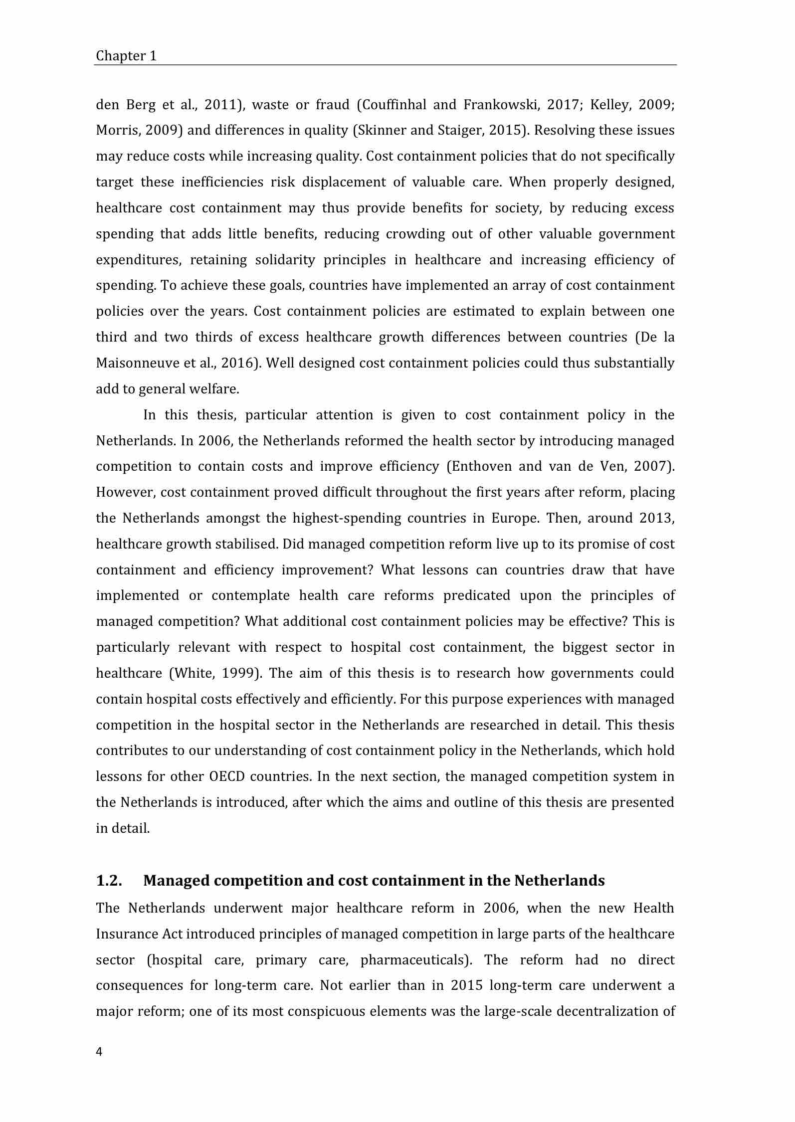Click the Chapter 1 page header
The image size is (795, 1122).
(126, 56)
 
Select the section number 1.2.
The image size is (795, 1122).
(109, 881)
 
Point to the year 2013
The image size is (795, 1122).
(656, 518)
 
